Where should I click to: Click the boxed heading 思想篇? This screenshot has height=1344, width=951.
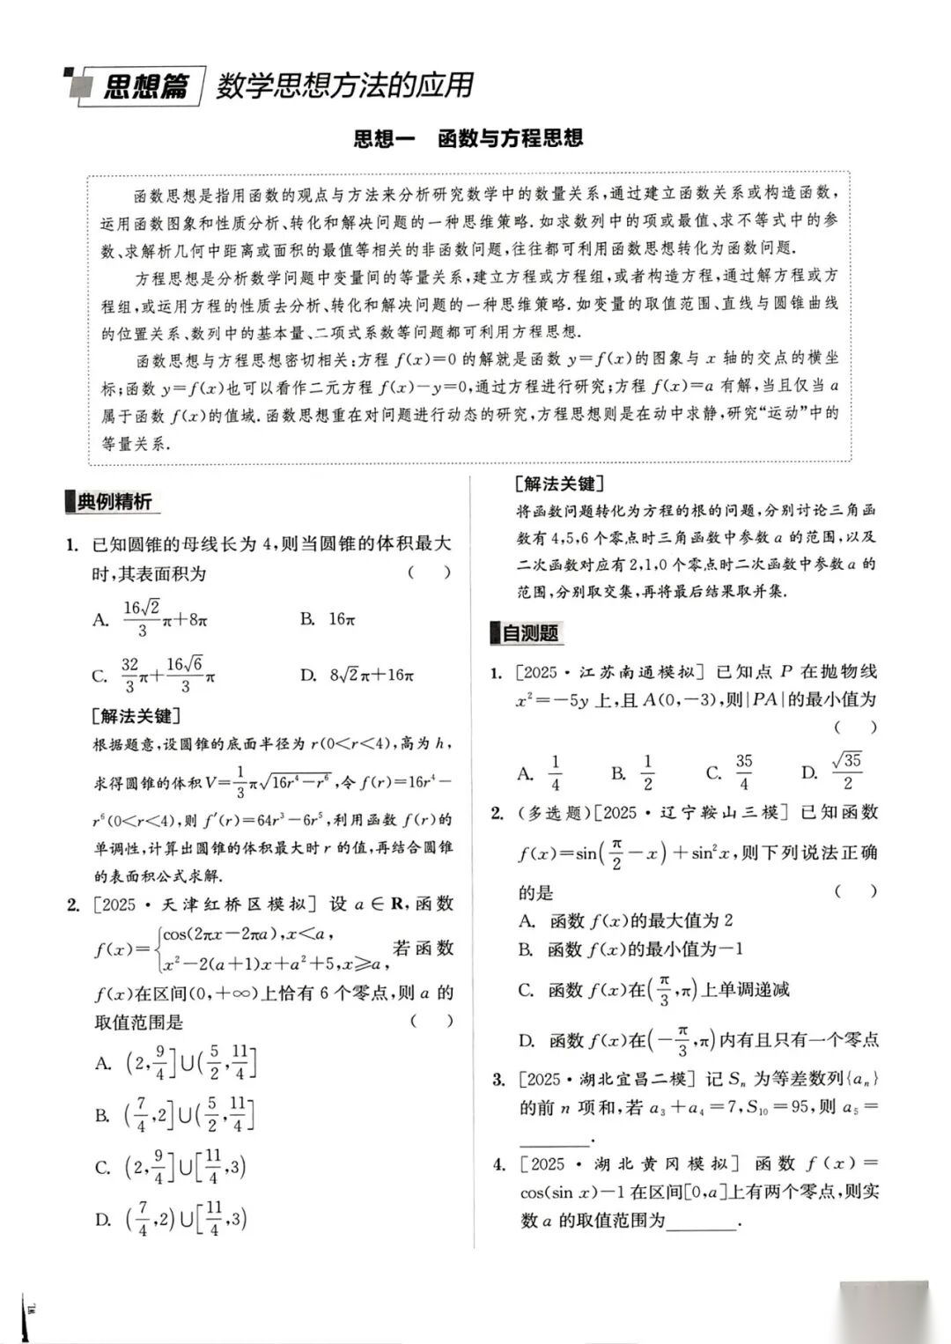tap(145, 87)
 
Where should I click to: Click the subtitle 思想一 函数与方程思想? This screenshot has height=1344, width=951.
tap(468, 138)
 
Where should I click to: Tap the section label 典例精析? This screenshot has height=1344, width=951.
tap(114, 502)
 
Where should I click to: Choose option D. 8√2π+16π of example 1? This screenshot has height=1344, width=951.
tap(358, 676)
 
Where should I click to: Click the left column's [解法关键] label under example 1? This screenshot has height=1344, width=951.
tap(136, 716)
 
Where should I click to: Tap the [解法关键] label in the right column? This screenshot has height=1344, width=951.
tap(558, 484)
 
